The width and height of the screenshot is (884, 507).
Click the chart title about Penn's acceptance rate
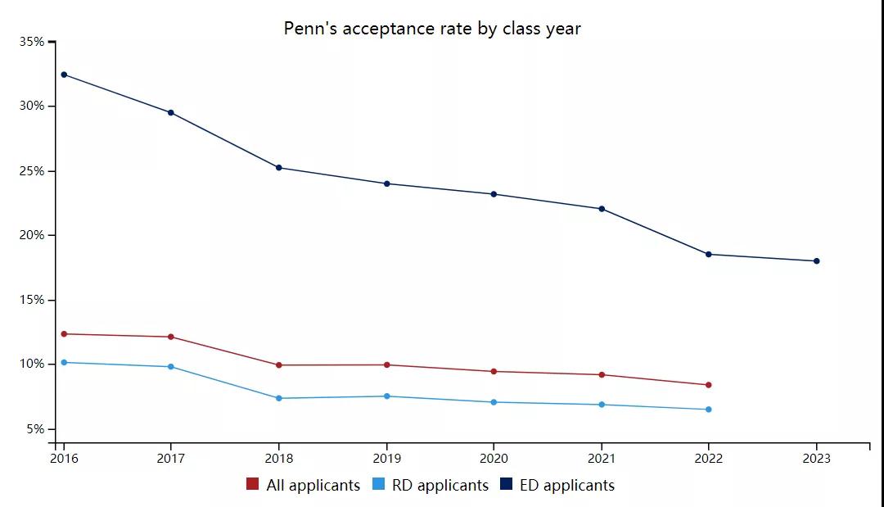(x=432, y=29)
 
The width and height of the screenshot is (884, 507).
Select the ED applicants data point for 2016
(x=64, y=75)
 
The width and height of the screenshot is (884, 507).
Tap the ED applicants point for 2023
(x=816, y=261)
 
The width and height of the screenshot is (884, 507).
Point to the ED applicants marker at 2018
(x=279, y=168)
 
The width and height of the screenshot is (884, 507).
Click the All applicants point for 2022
(x=709, y=385)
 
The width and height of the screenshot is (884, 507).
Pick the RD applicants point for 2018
(x=279, y=398)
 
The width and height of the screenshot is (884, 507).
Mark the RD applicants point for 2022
(x=709, y=410)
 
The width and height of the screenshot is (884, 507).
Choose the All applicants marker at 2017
(x=171, y=337)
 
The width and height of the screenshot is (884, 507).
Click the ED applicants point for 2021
(x=602, y=209)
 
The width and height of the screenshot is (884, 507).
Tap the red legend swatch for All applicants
(x=253, y=485)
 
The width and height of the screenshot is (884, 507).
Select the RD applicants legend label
(x=440, y=486)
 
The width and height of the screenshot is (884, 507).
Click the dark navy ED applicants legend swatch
(x=506, y=485)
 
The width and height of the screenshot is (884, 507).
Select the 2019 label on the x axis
(x=386, y=459)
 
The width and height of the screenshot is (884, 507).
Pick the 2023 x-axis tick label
(x=816, y=459)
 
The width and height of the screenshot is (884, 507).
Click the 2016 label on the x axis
(x=64, y=459)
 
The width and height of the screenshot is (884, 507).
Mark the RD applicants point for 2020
(x=494, y=402)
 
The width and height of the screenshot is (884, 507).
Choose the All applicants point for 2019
(x=386, y=364)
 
